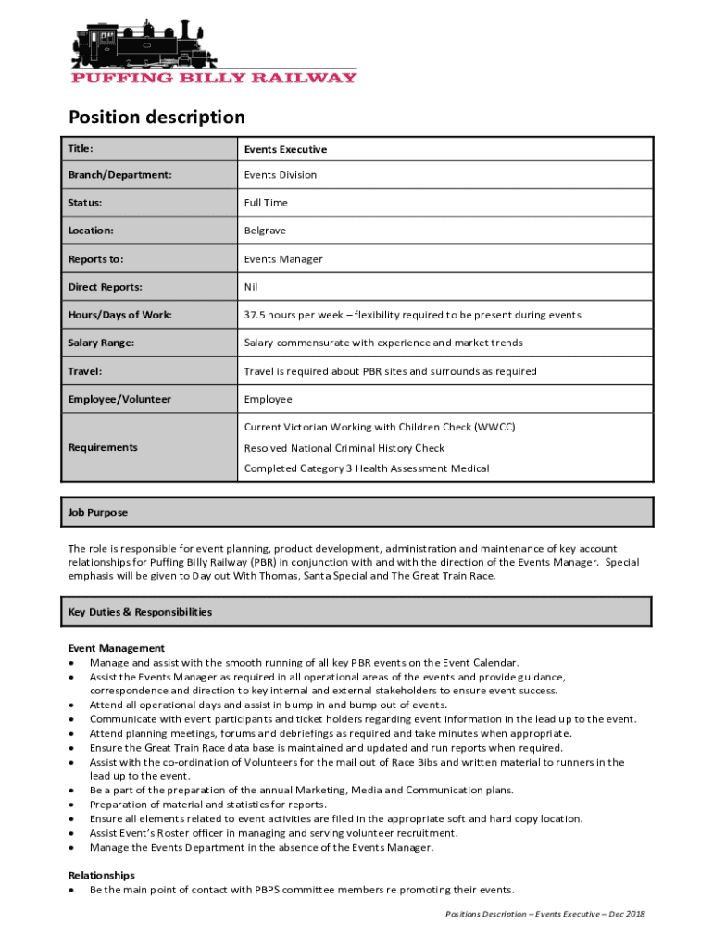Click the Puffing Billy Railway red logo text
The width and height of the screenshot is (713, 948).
pyautogui.click(x=214, y=78)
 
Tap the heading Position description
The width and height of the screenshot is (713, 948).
pyautogui.click(x=156, y=118)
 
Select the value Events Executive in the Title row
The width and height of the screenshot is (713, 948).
pyautogui.click(x=285, y=149)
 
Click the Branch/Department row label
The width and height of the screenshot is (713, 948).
pyautogui.click(x=120, y=175)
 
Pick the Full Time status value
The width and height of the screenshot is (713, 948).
pyautogui.click(x=266, y=203)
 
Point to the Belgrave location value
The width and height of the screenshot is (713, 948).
pyautogui.click(x=266, y=231)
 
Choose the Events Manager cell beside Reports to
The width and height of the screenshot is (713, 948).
pyautogui.click(x=283, y=259)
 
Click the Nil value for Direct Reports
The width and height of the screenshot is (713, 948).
pyautogui.click(x=251, y=287)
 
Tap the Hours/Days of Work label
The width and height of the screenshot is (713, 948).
pyautogui.click(x=119, y=315)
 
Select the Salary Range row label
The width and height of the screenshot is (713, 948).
pyautogui.click(x=101, y=343)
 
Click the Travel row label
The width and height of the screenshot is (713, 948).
pyautogui.click(x=84, y=371)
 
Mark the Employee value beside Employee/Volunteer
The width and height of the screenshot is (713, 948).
pyautogui.click(x=268, y=399)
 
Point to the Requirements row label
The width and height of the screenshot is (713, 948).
pyautogui.click(x=103, y=448)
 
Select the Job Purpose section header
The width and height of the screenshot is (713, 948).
pyautogui.click(x=98, y=513)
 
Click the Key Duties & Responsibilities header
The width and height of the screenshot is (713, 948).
pyautogui.click(x=140, y=612)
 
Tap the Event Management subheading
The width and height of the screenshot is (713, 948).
pyautogui.click(x=117, y=648)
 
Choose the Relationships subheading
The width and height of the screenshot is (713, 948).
pyautogui.click(x=102, y=875)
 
